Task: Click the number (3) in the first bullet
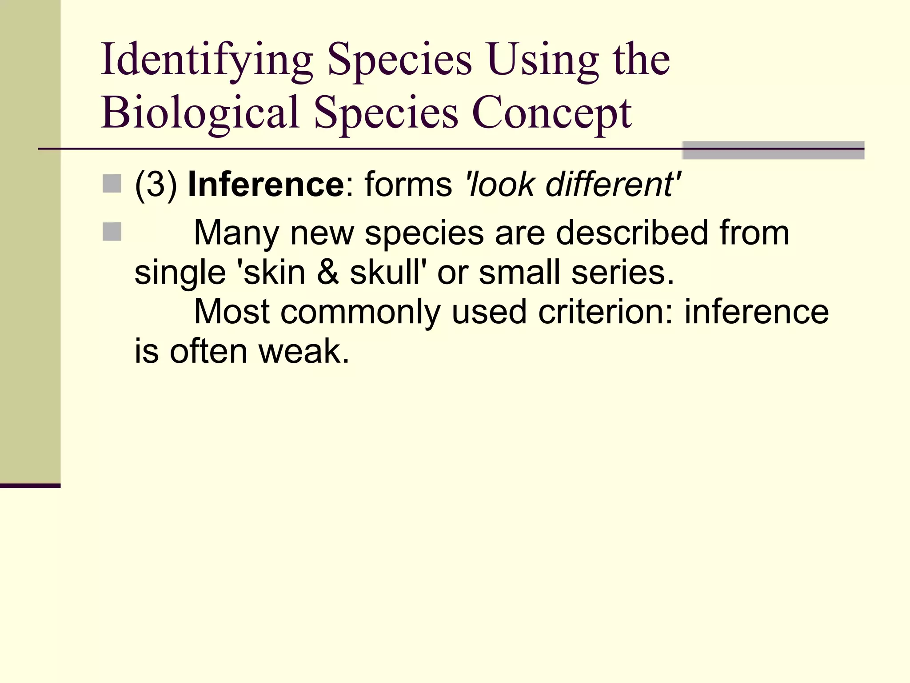pyautogui.click(x=156, y=184)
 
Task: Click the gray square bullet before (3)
pyautogui.click(x=112, y=184)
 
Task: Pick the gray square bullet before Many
pyautogui.click(x=112, y=232)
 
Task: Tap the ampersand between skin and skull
pyautogui.click(x=328, y=272)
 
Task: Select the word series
pyautogui.click(x=622, y=272)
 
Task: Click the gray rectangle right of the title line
pyautogui.click(x=773, y=150)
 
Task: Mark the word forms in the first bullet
pyautogui.click(x=408, y=184)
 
